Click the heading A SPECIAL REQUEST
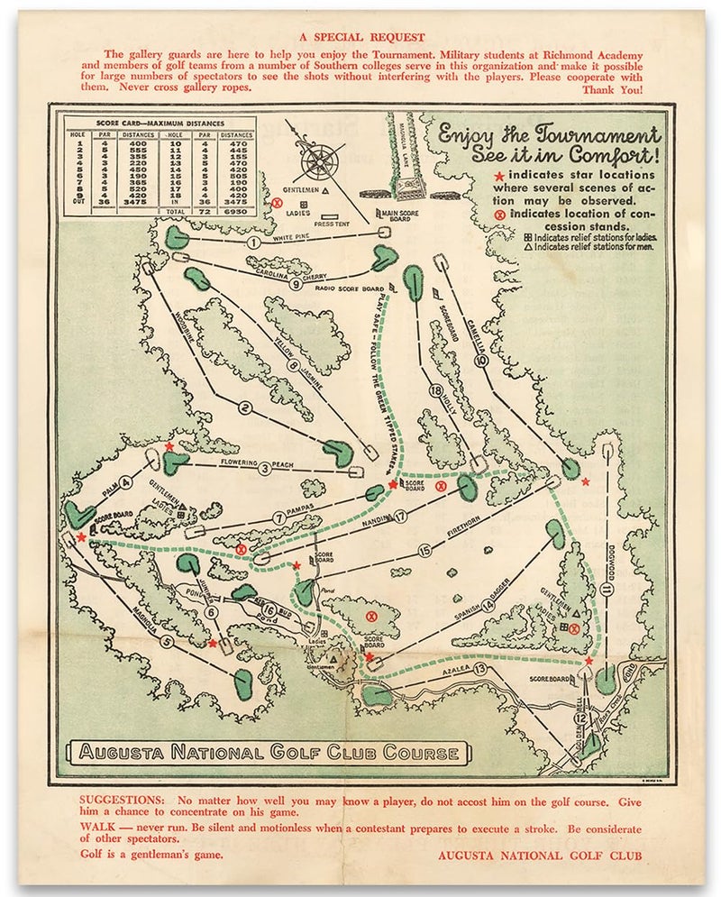[359, 37]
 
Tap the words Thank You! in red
[613, 89]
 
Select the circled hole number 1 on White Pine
[254, 242]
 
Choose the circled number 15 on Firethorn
[424, 549]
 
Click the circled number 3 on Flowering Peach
[265, 468]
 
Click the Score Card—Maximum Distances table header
[160, 122]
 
